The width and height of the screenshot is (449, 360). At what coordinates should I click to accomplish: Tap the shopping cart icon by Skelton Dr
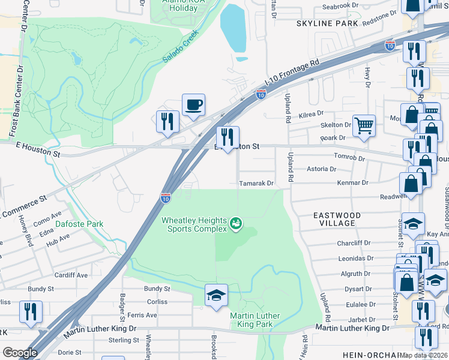(x=364, y=126)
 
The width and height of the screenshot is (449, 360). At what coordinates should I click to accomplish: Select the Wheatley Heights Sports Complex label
(x=194, y=224)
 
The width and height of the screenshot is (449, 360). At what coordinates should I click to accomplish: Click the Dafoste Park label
(x=79, y=224)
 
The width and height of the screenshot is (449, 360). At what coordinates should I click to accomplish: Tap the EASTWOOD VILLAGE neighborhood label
(x=337, y=219)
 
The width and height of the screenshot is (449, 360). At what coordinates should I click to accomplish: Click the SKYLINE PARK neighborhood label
(x=327, y=23)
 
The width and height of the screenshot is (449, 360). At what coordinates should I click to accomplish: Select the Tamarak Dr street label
(x=256, y=183)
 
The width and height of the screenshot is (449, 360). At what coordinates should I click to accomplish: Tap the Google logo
(x=20, y=353)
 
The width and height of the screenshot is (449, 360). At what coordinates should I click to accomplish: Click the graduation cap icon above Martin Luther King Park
(x=217, y=295)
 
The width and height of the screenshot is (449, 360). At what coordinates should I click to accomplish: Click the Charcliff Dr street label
(x=354, y=243)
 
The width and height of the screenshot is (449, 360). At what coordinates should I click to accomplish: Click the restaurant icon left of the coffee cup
(x=167, y=121)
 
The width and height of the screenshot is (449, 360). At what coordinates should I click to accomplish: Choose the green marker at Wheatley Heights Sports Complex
(x=237, y=224)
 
